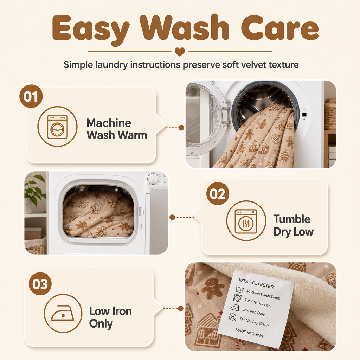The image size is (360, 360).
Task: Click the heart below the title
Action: point(180,52)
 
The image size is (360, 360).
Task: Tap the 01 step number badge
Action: point(31,96)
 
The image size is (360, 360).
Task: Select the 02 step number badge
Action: point(218,194)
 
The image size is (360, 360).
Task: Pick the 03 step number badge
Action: point(40,284)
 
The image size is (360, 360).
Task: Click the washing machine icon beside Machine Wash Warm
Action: point(57,127)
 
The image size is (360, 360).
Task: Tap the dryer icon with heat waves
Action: point(246,221)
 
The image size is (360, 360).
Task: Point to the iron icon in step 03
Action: point(63,313)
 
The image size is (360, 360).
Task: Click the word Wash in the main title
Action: point(184,28)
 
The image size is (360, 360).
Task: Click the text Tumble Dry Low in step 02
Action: point(293,225)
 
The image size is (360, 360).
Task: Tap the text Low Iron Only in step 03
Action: point(110,317)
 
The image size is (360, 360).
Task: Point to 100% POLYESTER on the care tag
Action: point(256,283)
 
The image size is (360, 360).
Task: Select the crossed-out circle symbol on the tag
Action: point(233,317)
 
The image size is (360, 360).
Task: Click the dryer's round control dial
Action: point(153,179)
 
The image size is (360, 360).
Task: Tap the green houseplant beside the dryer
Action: point(35,189)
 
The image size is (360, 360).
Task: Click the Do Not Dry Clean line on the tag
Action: point(254,322)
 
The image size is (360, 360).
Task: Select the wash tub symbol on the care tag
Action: point(240,289)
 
